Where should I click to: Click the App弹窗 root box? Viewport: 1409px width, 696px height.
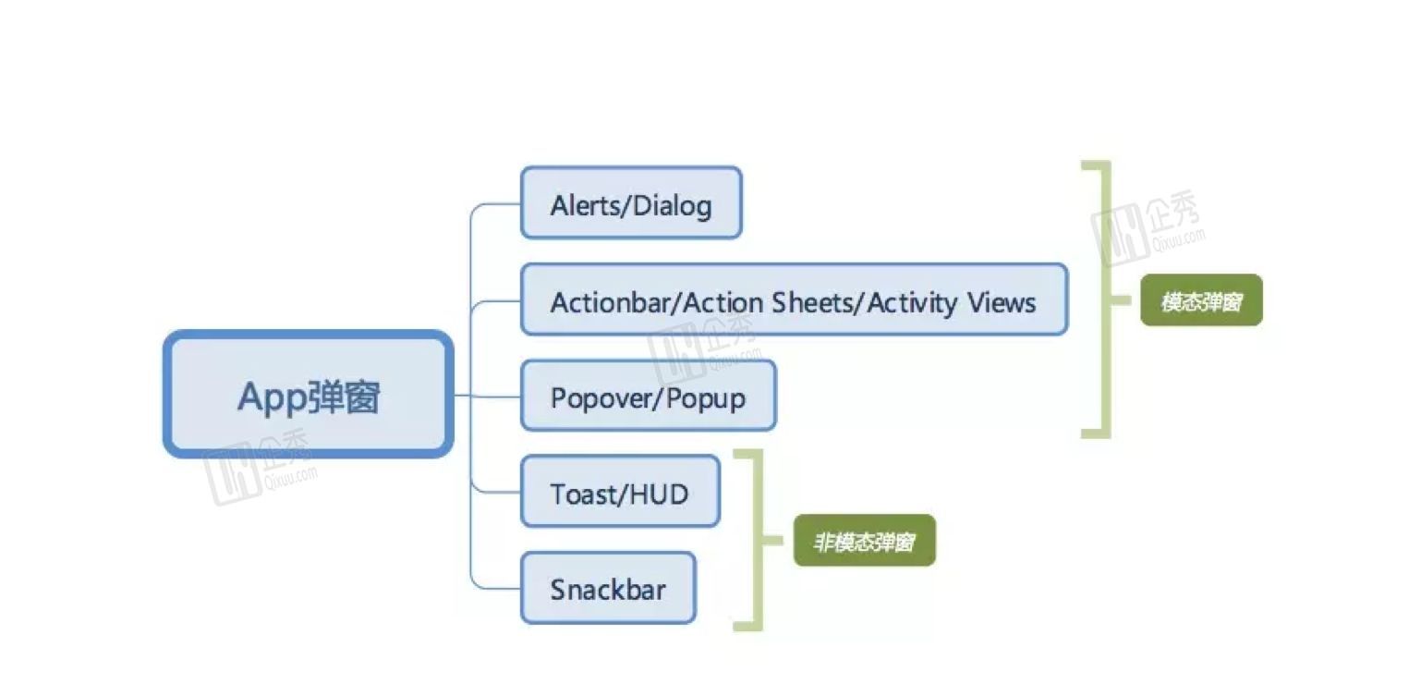pyautogui.click(x=309, y=395)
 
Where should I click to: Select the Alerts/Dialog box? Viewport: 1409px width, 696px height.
pyautogui.click(x=631, y=203)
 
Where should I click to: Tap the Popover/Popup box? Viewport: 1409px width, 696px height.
pyautogui.click(x=648, y=397)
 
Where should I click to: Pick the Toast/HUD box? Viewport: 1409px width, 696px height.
pyautogui.click(x=620, y=493)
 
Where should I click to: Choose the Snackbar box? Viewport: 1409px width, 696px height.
pyautogui.click(x=608, y=589)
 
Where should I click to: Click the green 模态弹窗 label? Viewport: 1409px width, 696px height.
pyautogui.click(x=1201, y=301)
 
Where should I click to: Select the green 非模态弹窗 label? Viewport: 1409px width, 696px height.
pyautogui.click(x=864, y=542)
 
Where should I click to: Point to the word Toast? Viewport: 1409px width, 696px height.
pyautogui.click(x=582, y=494)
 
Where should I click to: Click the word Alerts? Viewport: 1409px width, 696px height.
pyautogui.click(x=578, y=204)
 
